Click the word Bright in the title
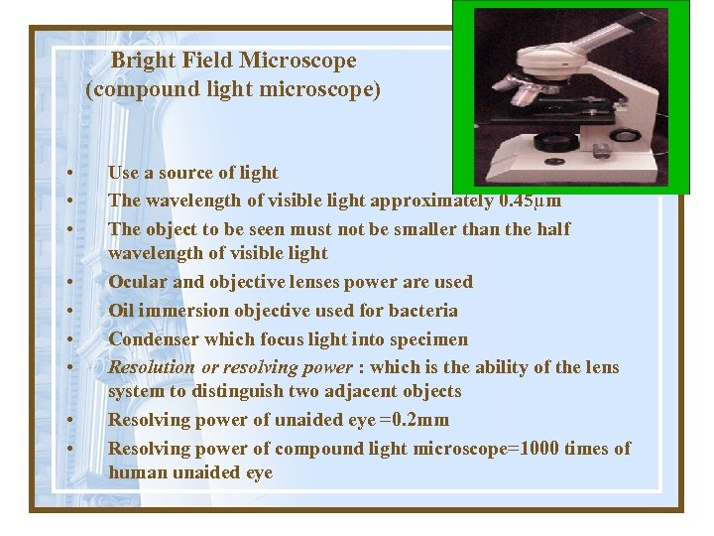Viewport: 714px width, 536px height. click(x=141, y=62)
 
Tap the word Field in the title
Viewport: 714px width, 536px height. click(x=203, y=62)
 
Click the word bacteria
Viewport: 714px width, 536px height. click(x=421, y=311)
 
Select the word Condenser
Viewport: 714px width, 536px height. click(x=151, y=339)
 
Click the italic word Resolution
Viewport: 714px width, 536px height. click(x=152, y=367)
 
